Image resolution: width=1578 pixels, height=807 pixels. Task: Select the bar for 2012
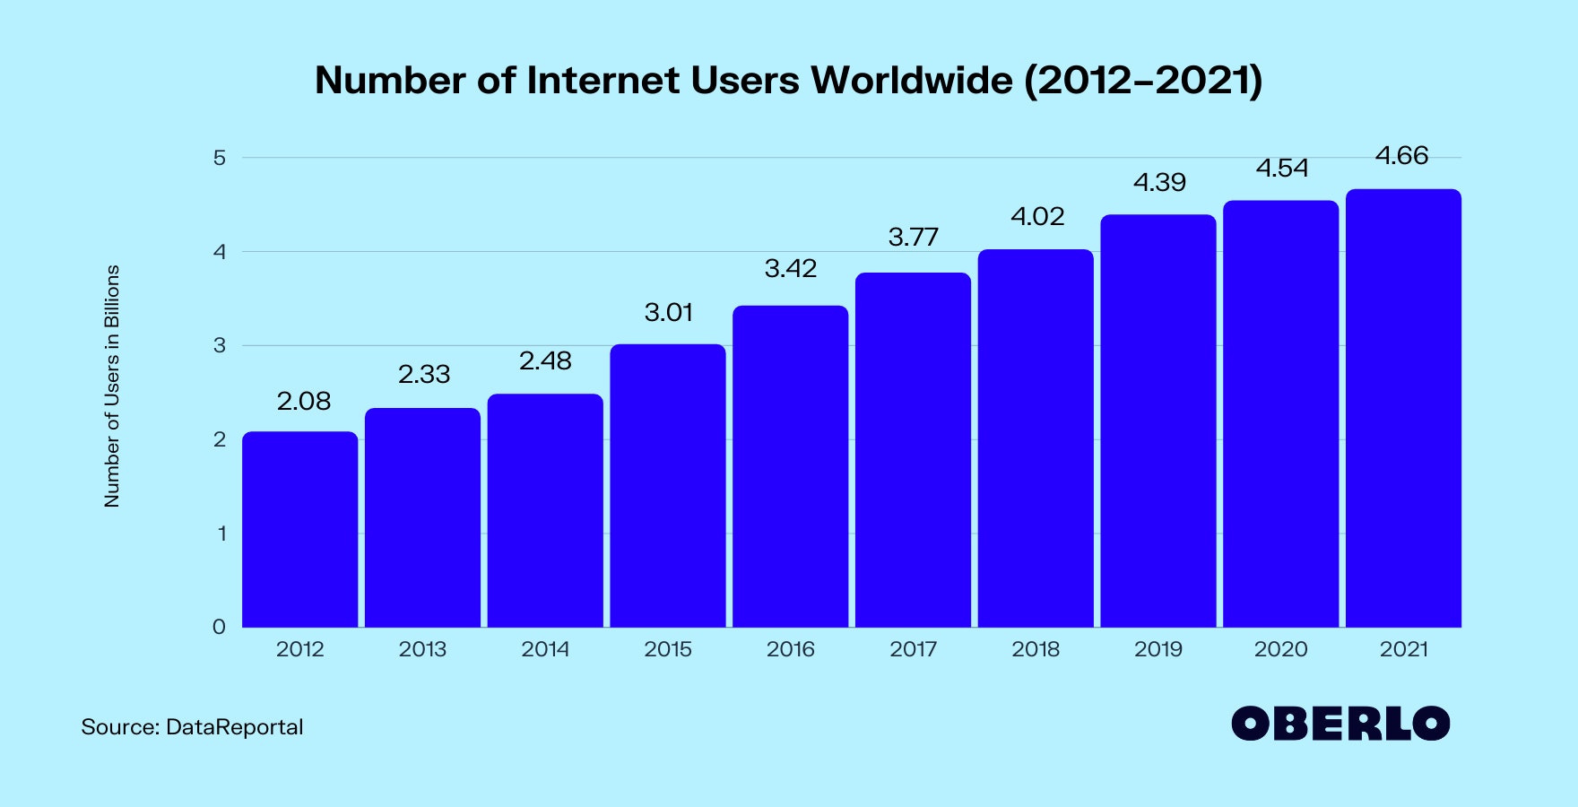[299, 529]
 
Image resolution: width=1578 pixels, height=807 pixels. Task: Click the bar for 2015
[668, 485]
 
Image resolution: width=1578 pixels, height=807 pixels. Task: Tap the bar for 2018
[1036, 438]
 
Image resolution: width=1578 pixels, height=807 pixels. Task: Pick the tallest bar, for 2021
[1403, 408]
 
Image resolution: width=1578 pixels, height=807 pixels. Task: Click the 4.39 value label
[1159, 183]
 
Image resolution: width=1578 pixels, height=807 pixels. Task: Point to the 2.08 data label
[304, 402]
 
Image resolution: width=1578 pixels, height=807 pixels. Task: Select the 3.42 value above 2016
[791, 269]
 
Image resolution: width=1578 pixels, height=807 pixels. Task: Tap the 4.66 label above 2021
[1401, 156]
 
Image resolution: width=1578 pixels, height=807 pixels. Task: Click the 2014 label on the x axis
[545, 649]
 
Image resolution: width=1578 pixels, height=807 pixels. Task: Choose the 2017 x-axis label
[913, 649]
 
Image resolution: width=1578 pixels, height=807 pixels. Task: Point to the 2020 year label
[1280, 649]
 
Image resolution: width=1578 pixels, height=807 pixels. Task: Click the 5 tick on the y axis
[219, 159]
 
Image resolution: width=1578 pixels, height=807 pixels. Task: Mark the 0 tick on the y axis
[219, 628]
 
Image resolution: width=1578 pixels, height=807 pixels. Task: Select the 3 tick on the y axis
[219, 346]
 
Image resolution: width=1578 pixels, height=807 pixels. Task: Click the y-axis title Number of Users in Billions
[112, 386]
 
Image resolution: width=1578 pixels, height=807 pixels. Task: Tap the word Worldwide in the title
[912, 81]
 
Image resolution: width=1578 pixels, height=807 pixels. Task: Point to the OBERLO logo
[1340, 724]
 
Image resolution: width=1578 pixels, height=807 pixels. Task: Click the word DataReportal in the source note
[235, 727]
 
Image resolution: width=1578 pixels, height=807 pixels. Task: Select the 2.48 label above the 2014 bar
[545, 361]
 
